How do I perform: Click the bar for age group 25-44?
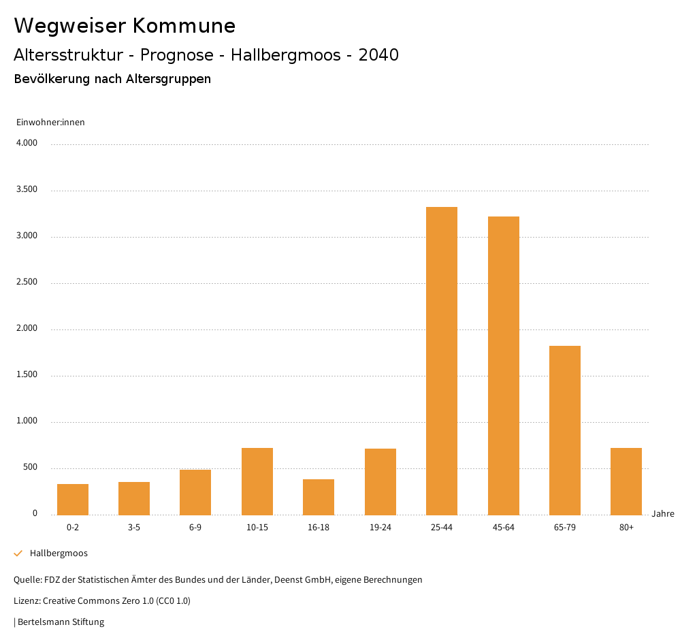442,361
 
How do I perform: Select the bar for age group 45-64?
503,366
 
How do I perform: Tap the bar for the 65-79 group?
565,430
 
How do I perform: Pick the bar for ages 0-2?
73,499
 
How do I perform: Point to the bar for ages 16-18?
319,497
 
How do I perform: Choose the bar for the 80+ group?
626,481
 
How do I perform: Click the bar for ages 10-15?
257,481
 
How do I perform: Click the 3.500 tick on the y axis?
27,189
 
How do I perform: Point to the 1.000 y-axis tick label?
27,421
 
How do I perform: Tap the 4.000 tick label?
27,143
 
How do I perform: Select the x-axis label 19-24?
380,528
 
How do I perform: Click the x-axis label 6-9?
195,528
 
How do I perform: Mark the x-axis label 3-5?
134,528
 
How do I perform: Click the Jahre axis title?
662,513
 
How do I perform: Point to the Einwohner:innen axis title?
50,122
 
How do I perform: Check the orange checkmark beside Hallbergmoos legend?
18,553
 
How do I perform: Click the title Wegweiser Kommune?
125,26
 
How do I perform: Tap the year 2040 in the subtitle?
378,55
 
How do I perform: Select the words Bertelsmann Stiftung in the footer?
61,622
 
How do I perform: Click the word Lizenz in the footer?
27,600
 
